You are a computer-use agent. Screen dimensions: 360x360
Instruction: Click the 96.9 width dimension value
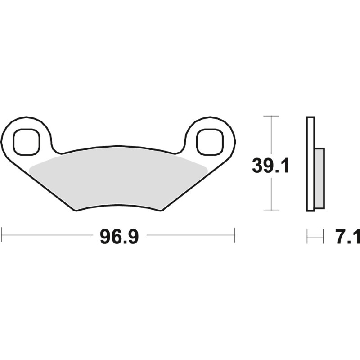pos(119,236)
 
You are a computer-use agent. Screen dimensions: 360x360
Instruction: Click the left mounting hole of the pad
pos(26,141)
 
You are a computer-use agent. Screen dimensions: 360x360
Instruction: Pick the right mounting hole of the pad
pos(210,141)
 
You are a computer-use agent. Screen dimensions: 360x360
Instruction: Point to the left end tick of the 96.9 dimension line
pos(2,235)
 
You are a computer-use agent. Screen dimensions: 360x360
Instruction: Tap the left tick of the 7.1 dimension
pos(307,236)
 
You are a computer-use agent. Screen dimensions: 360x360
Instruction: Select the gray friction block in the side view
pos(319,178)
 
